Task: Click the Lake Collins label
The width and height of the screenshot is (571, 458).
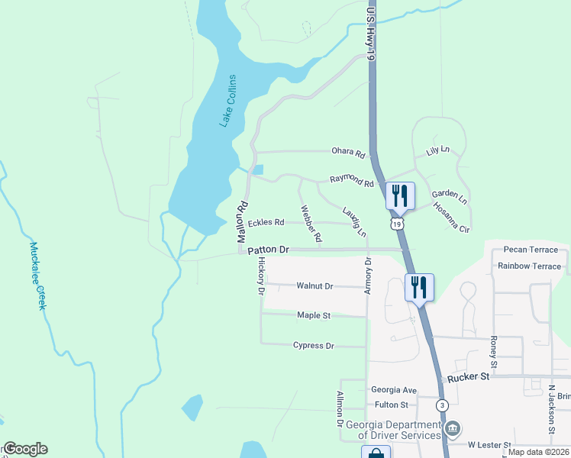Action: tap(228, 101)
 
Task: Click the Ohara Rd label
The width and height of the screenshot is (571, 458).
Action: tap(348, 152)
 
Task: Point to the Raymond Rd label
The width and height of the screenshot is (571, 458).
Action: tap(352, 181)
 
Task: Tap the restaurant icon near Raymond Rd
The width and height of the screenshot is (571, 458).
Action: tap(399, 196)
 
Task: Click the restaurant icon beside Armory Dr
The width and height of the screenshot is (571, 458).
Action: tap(419, 288)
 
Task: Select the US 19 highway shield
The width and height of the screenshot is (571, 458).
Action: tap(396, 224)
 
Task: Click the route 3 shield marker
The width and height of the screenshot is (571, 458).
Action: tap(442, 405)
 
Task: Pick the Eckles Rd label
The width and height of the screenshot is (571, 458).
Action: tap(266, 223)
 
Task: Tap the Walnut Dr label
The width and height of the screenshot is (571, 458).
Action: tap(315, 286)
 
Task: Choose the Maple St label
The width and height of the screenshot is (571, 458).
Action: tap(313, 315)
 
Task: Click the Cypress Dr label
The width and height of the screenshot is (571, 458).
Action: tap(314, 346)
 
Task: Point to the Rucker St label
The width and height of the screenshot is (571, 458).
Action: tap(468, 377)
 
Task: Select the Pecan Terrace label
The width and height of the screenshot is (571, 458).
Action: tap(531, 250)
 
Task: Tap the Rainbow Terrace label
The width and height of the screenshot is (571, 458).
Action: tap(529, 266)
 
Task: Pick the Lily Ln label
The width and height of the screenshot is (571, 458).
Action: tap(438, 152)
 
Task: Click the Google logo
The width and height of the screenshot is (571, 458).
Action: tap(25, 449)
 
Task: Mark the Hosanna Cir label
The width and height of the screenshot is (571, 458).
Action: tap(451, 217)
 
